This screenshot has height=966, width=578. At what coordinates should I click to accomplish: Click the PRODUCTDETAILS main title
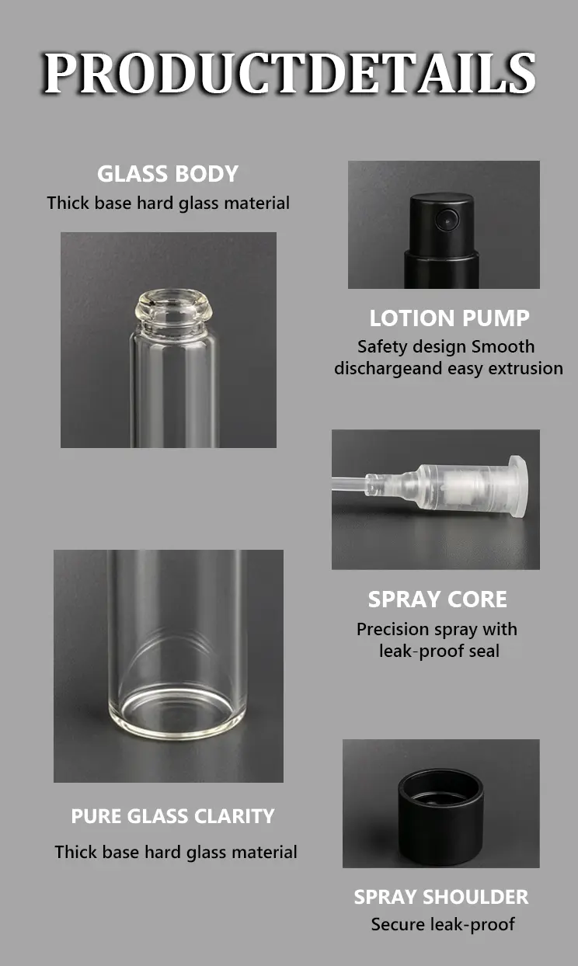(289, 73)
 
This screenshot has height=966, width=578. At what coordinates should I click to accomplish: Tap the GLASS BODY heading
(168, 174)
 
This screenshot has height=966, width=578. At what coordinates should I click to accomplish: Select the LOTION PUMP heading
(449, 318)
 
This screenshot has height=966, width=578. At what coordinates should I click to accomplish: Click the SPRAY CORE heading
(437, 599)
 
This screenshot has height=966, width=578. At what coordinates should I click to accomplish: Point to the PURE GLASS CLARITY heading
(172, 816)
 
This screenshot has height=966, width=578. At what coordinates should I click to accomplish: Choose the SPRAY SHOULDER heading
(440, 897)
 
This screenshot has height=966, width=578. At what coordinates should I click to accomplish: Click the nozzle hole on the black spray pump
(447, 219)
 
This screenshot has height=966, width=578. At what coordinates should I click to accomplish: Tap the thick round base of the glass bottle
(177, 716)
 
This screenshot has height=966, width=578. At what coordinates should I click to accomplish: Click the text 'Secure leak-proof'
(443, 925)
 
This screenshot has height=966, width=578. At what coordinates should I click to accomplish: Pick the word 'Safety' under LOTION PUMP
(381, 347)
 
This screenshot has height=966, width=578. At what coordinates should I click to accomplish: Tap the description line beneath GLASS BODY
(169, 203)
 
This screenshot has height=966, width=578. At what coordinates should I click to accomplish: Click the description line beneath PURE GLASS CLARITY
(176, 853)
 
